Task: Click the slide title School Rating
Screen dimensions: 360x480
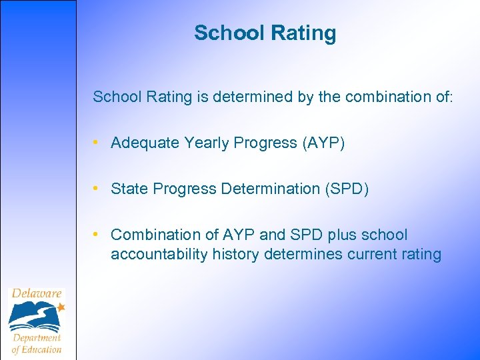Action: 265,33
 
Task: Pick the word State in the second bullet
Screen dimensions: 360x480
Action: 129,189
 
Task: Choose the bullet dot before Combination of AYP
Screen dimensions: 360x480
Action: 97,235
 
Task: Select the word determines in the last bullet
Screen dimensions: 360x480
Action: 299,255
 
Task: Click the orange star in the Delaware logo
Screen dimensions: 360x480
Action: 61,307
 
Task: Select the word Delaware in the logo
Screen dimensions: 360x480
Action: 36,293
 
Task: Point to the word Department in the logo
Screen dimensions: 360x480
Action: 37,338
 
